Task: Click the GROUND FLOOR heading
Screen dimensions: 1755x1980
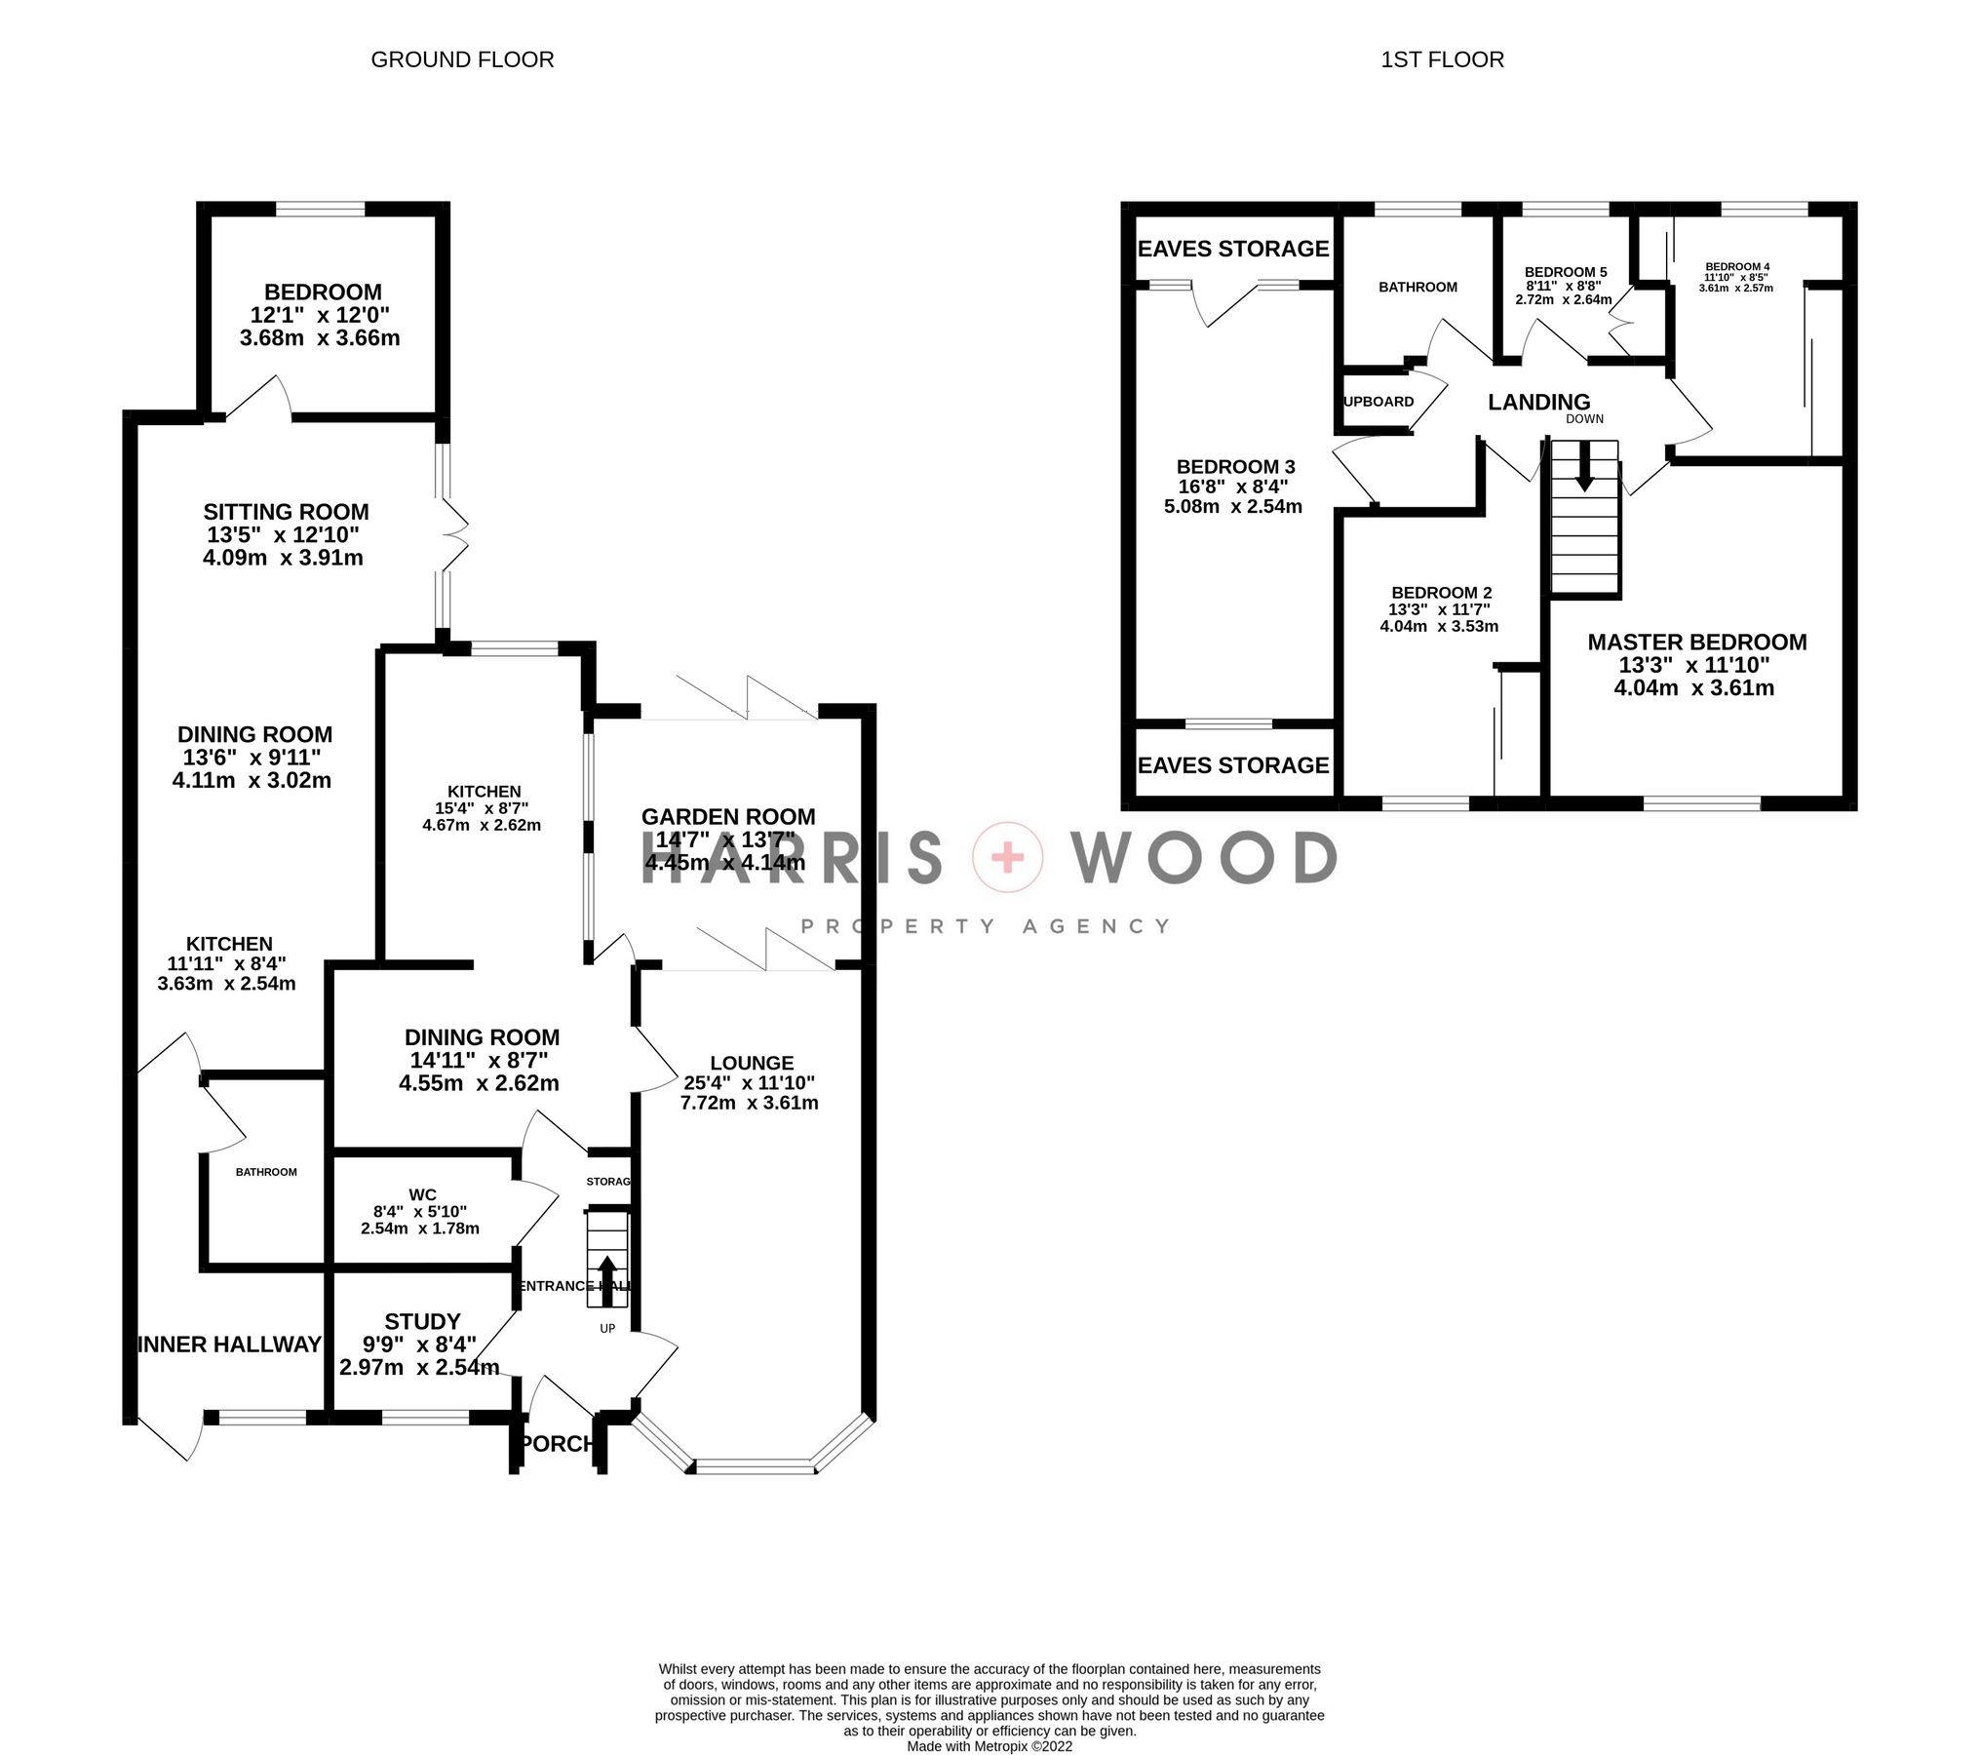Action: click(x=462, y=59)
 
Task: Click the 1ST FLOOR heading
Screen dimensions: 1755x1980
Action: click(x=1442, y=59)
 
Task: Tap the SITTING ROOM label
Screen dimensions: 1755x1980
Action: click(x=286, y=512)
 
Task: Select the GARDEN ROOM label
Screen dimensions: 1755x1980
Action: click(x=728, y=817)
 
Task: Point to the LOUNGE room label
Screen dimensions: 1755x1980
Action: click(x=752, y=1063)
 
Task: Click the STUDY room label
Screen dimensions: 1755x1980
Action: click(x=422, y=1321)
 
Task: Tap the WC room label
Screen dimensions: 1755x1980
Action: click(x=422, y=1194)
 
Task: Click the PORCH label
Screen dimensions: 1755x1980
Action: click(x=558, y=1443)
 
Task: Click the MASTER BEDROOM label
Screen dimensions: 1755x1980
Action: click(x=1696, y=643)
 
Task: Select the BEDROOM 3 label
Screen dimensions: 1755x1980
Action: click(x=1235, y=467)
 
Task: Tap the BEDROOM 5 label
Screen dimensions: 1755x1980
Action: click(x=1565, y=272)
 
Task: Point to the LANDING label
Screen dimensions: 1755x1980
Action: click(x=1538, y=402)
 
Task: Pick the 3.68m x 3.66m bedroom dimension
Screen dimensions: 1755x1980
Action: click(x=320, y=338)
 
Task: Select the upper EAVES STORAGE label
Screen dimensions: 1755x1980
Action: click(x=1233, y=249)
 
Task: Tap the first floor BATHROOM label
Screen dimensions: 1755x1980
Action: click(x=1417, y=287)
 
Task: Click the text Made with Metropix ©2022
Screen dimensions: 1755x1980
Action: click(x=990, y=1746)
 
